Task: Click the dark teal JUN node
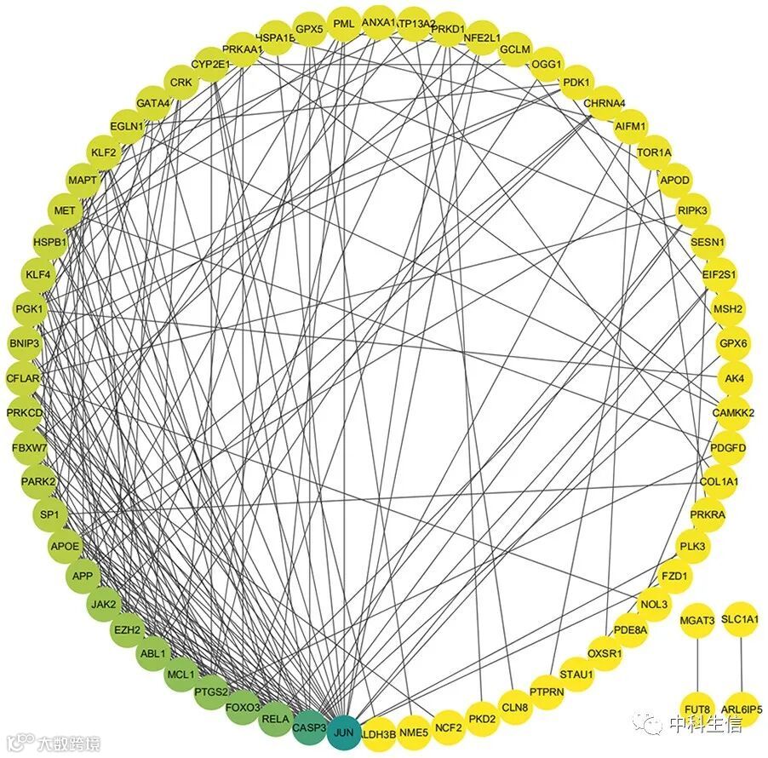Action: tap(343, 732)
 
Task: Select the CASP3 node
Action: tap(309, 727)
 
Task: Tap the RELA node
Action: tap(275, 719)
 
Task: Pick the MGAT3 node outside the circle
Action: tap(697, 619)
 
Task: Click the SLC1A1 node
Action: tap(740, 619)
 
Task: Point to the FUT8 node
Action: tap(697, 709)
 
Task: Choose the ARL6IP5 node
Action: tap(741, 709)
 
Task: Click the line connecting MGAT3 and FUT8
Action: tap(697, 664)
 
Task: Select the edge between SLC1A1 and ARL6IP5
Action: tap(741, 664)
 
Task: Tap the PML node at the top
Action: tap(343, 24)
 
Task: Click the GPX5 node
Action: tap(309, 28)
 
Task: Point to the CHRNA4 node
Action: tap(605, 103)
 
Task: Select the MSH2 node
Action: tap(728, 308)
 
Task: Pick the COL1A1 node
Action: tap(719, 481)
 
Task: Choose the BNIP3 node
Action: tap(24, 343)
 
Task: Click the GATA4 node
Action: tap(153, 103)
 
